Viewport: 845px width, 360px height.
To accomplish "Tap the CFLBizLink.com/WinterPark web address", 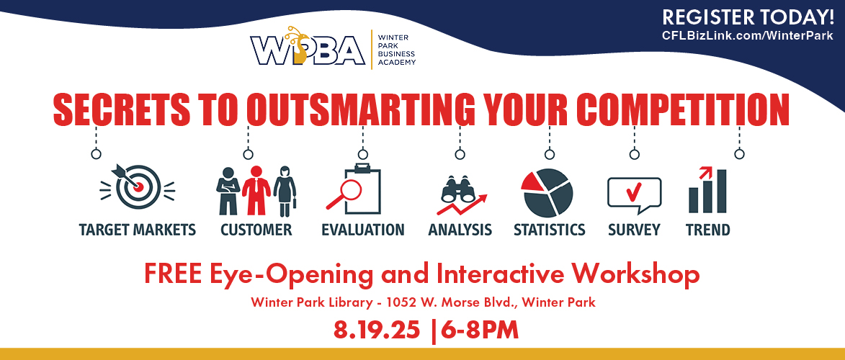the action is [x=748, y=35].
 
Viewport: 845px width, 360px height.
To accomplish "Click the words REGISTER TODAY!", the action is [x=748, y=17].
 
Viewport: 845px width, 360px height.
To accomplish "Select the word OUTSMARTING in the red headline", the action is [x=360, y=109].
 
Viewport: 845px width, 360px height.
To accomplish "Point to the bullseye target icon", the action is [x=138, y=186].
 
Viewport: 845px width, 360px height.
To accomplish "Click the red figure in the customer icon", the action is [x=256, y=190].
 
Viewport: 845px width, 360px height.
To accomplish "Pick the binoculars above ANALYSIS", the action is [x=458, y=189].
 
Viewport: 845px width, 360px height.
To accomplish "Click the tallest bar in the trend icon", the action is [x=721, y=191].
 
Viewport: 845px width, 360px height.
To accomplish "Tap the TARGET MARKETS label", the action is [x=138, y=230].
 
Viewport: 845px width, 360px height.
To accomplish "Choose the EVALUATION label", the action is [x=362, y=230].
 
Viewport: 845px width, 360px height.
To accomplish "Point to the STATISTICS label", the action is [x=549, y=230].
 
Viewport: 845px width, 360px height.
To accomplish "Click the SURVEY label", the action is [x=634, y=230].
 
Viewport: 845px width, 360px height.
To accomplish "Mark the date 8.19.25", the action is [x=377, y=330].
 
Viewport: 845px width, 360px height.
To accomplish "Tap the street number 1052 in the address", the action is [x=401, y=302].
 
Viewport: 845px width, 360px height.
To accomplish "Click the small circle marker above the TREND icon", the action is [x=739, y=154].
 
